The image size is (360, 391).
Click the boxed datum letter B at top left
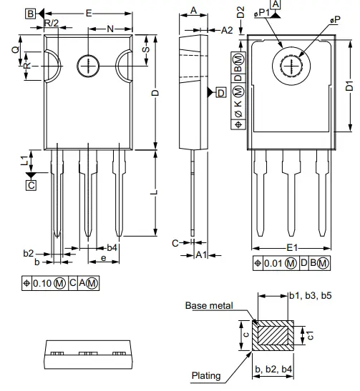[30, 14]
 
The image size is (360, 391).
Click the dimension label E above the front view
[88, 13]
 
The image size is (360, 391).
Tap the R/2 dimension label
[52, 24]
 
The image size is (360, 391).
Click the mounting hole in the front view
[89, 65]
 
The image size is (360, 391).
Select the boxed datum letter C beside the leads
[30, 185]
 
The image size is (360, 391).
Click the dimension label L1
[24, 160]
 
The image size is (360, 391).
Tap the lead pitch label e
[103, 257]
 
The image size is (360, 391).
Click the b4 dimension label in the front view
[112, 247]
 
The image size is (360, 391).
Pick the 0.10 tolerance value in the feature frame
[42, 283]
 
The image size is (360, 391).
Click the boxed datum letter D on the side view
[220, 93]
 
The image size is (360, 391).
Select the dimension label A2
[227, 30]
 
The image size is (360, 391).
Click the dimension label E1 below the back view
[292, 247]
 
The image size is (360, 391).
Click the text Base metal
[209, 305]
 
